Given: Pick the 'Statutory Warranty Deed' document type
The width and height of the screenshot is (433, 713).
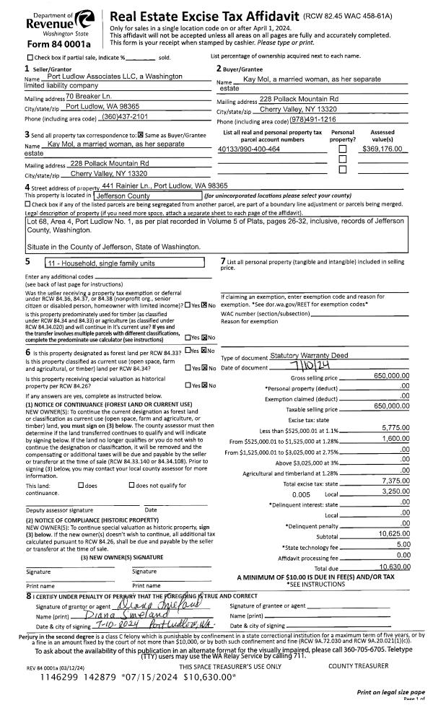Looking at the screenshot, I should (308, 356).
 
